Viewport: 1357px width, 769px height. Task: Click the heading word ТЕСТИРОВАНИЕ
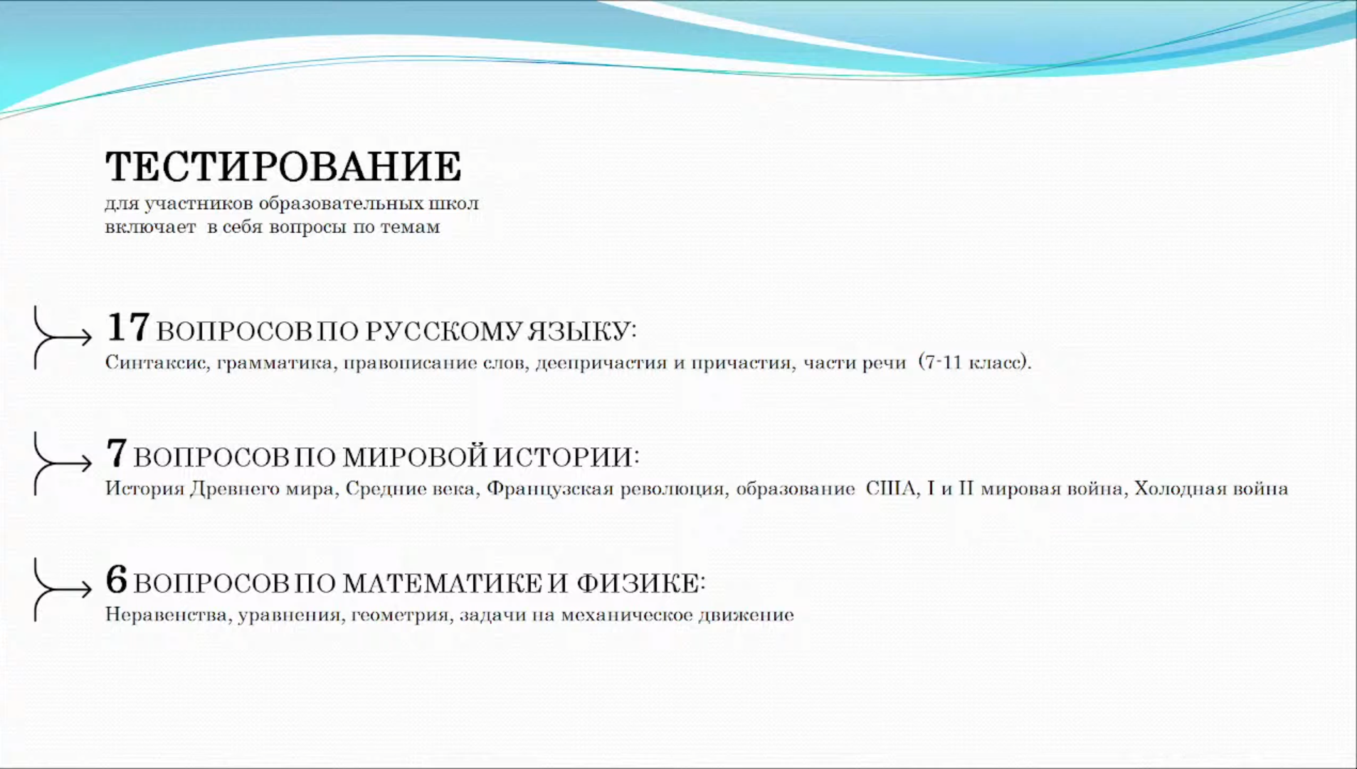pos(283,167)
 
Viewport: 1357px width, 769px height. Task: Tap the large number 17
pos(128,328)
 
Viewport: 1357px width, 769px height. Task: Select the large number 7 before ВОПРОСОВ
pos(117,453)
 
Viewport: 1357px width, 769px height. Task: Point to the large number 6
pos(117,579)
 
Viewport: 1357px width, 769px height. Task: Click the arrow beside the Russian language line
pos(63,337)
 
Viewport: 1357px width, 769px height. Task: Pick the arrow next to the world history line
pos(63,463)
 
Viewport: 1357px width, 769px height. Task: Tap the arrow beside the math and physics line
pos(63,589)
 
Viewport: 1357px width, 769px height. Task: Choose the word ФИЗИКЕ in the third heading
pos(638,583)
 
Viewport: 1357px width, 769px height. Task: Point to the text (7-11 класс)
pos(974,362)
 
